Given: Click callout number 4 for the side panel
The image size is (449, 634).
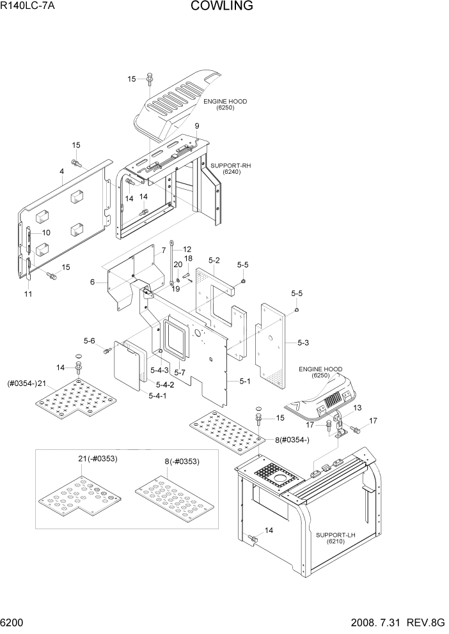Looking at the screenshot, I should pos(61,171).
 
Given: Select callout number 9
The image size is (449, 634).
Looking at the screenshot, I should pos(197,126).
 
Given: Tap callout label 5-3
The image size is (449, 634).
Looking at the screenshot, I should pos(303,343).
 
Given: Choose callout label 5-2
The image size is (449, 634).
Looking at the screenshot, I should pos(214,260).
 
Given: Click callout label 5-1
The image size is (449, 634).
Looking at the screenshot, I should pos(244,382).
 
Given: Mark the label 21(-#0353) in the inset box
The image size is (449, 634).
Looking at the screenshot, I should pos(97,458).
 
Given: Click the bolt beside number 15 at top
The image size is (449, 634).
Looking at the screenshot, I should pos(148,79).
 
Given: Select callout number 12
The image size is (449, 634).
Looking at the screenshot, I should pos(187,249).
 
